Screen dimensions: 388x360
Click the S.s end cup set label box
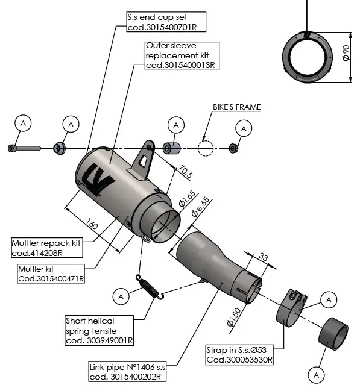(x=165, y=22)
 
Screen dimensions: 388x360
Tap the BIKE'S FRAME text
(x=237, y=107)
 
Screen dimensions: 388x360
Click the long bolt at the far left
(x=24, y=148)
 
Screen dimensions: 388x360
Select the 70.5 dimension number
(x=184, y=174)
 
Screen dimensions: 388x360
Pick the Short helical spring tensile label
(x=99, y=331)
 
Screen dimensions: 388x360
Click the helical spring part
(x=150, y=287)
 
